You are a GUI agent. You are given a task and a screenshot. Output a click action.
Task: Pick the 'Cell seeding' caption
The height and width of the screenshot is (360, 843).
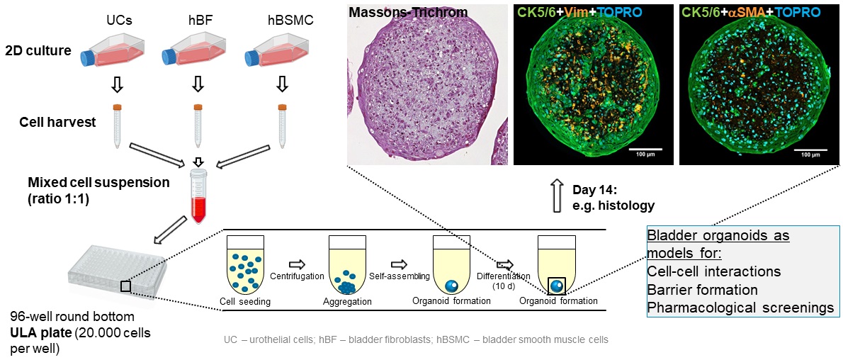pyautogui.click(x=245, y=302)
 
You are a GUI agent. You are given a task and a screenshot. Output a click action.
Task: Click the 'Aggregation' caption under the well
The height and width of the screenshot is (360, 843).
pyautogui.click(x=347, y=302)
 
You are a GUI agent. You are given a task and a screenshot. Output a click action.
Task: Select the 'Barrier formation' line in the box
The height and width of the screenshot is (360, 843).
pyautogui.click(x=702, y=290)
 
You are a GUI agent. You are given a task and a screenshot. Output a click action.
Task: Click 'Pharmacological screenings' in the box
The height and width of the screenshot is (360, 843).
pyautogui.click(x=740, y=308)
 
